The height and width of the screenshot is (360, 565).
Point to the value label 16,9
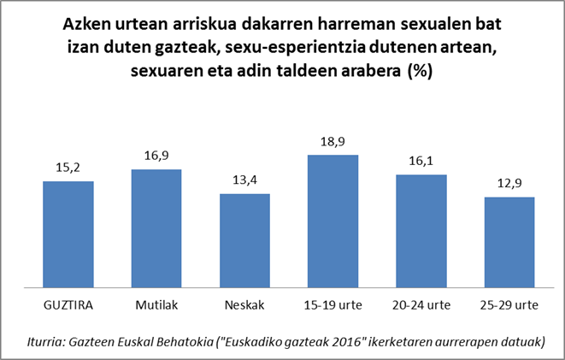coord(156,157)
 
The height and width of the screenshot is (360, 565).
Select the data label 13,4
coord(244,181)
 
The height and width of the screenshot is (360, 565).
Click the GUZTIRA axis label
coord(68,305)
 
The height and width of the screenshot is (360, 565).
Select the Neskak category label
coord(244,305)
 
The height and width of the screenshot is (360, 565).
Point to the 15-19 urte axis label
coord(333,305)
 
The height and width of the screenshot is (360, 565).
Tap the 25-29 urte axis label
coord(509,305)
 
